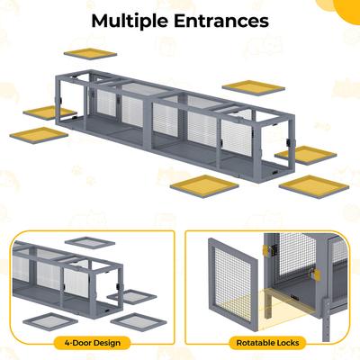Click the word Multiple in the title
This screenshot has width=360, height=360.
pyautogui.click(x=126, y=21)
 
